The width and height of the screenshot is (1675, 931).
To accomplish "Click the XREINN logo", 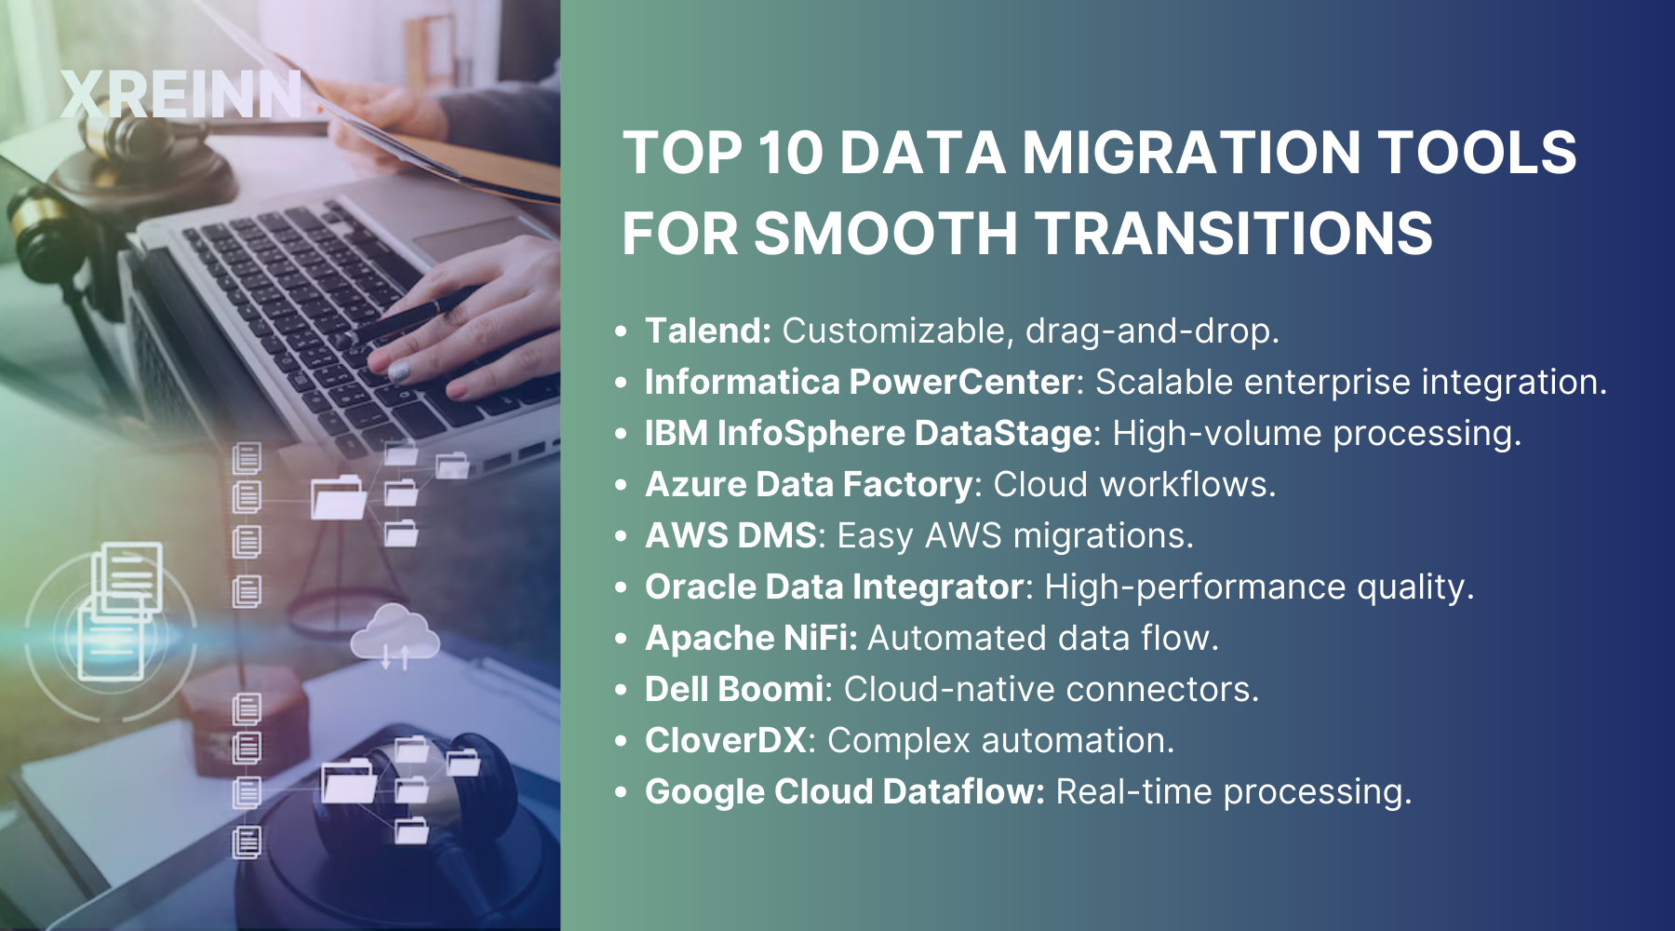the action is point(181,94).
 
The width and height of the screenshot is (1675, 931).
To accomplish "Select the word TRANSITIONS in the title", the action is point(1234,233).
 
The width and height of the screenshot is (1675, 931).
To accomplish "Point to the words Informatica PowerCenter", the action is point(861,382).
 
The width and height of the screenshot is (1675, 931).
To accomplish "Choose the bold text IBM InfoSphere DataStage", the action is point(869,433).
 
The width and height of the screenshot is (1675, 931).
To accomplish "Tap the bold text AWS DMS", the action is point(731,535).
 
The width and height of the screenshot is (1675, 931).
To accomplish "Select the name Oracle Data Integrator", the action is point(835,587).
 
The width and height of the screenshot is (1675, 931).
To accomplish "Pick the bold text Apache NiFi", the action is point(751,638).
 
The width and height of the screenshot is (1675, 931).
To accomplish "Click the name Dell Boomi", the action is point(734,689).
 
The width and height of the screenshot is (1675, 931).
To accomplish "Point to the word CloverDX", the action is point(726,740).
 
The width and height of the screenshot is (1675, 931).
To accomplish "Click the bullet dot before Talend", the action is point(622,331).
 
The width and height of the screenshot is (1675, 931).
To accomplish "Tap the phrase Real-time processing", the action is point(1234,791).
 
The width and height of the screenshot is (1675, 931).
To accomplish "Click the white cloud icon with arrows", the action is point(395,635).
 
